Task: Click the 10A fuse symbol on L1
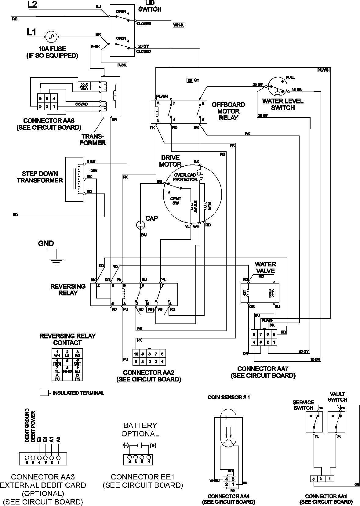(52, 36)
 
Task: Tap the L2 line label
(33, 5)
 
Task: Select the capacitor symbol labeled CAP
(140, 225)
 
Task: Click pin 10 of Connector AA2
(136, 354)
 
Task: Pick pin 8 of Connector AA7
(254, 334)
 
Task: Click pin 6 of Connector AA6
(40, 99)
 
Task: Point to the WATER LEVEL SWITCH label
(283, 104)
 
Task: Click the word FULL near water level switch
(290, 77)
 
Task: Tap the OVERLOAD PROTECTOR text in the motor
(185, 177)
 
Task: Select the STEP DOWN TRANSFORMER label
(40, 177)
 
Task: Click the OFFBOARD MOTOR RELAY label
(228, 111)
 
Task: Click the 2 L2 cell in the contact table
(67, 354)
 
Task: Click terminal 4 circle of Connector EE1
(129, 457)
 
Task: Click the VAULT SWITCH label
(338, 397)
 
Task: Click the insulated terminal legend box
(44, 393)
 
